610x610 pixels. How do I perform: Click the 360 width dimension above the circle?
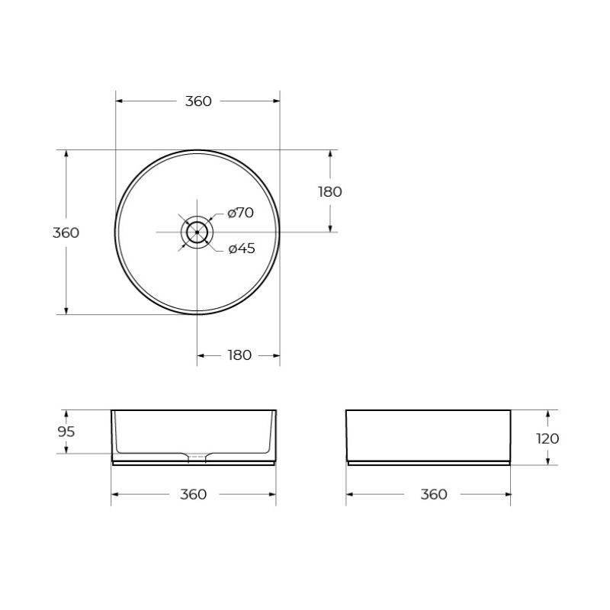(x=198, y=101)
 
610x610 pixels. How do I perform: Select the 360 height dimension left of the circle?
(x=66, y=233)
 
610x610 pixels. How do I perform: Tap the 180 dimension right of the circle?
(x=330, y=191)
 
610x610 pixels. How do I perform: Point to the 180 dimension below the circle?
(x=239, y=355)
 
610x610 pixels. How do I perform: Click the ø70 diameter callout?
(x=241, y=213)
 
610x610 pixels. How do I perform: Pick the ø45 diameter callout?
(x=242, y=249)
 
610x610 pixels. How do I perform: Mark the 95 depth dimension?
(x=66, y=432)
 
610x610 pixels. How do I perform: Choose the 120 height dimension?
(x=547, y=438)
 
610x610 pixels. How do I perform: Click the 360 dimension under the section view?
(x=194, y=495)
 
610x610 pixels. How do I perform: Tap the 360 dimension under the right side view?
(x=434, y=495)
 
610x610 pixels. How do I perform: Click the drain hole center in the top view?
(x=197, y=231)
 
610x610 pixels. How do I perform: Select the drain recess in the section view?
(x=197, y=457)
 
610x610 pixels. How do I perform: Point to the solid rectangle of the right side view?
(x=428, y=435)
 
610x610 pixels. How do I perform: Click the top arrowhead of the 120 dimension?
(x=547, y=414)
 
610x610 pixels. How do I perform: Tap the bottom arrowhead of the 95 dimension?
(x=66, y=449)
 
